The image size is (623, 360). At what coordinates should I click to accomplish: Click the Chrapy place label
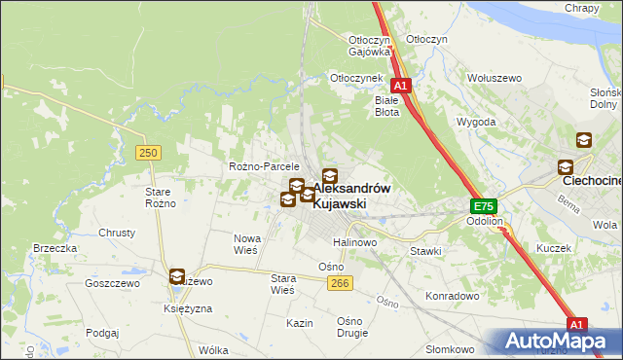click(582, 8)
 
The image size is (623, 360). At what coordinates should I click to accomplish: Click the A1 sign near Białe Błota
click(400, 86)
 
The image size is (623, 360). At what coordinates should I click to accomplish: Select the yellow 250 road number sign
click(148, 153)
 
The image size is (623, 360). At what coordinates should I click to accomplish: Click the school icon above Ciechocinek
click(584, 140)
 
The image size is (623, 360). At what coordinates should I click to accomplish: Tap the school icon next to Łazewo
click(177, 277)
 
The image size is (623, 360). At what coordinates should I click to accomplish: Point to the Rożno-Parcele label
click(264, 166)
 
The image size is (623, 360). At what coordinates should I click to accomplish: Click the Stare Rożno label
click(159, 197)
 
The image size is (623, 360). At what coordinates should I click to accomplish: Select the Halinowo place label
click(354, 241)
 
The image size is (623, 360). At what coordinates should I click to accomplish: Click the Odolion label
click(484, 221)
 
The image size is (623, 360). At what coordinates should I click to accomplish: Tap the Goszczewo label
click(113, 283)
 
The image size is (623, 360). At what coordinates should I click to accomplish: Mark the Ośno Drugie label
click(349, 328)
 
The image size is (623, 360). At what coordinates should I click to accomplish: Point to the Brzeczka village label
click(55, 248)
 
